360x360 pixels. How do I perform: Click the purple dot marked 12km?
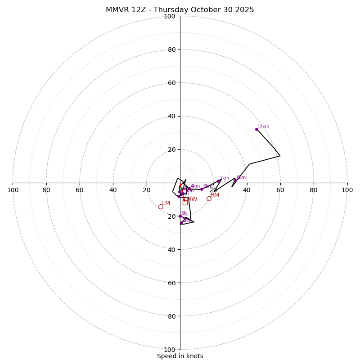click(257, 129)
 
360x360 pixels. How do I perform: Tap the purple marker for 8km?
click(235, 180)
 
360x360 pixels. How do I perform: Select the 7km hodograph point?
click(219, 181)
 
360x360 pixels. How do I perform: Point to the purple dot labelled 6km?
click(202, 189)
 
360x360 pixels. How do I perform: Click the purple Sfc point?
click(180, 216)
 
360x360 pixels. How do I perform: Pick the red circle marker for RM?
click(209, 198)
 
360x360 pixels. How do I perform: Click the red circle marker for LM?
click(161, 207)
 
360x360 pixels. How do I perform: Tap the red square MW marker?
click(185, 202)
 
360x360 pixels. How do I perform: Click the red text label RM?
click(215, 195)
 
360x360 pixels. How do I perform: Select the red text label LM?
click(166, 203)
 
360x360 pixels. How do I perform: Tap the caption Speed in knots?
click(180, 356)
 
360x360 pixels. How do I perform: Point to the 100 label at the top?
click(170, 16)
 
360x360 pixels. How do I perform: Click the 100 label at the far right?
click(347, 190)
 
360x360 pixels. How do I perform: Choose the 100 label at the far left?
click(13, 190)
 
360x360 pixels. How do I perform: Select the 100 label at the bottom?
click(170, 350)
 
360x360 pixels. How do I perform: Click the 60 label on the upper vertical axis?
click(171, 83)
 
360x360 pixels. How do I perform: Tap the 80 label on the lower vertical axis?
click(171, 316)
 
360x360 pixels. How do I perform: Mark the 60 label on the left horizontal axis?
click(80, 190)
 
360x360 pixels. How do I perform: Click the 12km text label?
click(263, 127)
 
